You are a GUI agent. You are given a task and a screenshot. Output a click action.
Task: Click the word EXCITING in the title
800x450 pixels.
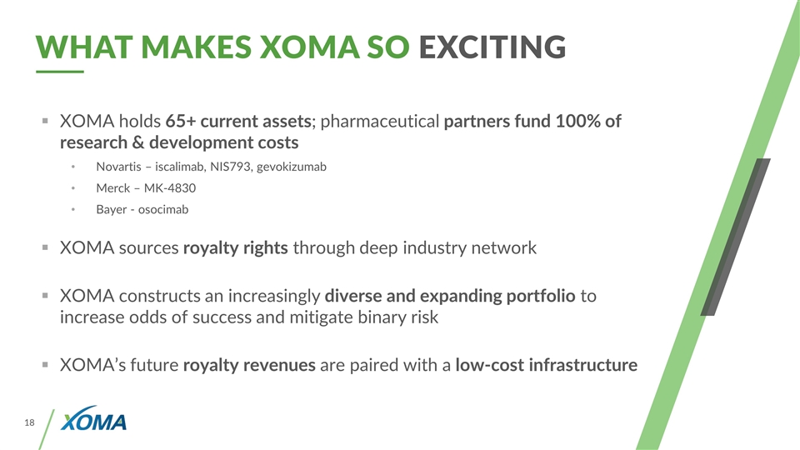[x=492, y=47]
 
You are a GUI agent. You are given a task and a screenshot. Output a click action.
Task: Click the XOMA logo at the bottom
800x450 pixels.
[x=93, y=419]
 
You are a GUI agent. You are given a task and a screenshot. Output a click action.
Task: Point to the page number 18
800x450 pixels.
[x=30, y=422]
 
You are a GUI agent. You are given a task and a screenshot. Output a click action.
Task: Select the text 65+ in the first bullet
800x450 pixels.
[x=181, y=122]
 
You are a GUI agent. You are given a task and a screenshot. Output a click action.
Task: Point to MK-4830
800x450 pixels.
[x=170, y=188]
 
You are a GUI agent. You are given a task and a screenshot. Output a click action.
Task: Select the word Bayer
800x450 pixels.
[x=111, y=210]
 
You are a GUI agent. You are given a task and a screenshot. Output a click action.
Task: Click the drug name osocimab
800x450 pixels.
[x=163, y=210]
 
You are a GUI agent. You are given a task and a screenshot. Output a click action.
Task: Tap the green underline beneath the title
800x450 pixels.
[x=60, y=72]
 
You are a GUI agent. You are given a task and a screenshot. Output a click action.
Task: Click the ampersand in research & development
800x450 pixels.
[x=137, y=142]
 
